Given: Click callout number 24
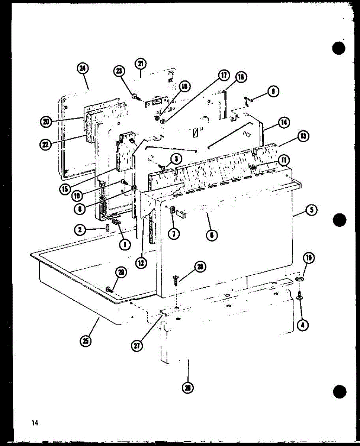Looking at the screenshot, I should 82,68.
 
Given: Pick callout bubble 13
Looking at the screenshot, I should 303,137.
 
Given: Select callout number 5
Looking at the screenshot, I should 311,210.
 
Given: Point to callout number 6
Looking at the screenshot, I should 212,235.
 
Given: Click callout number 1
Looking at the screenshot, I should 125,244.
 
